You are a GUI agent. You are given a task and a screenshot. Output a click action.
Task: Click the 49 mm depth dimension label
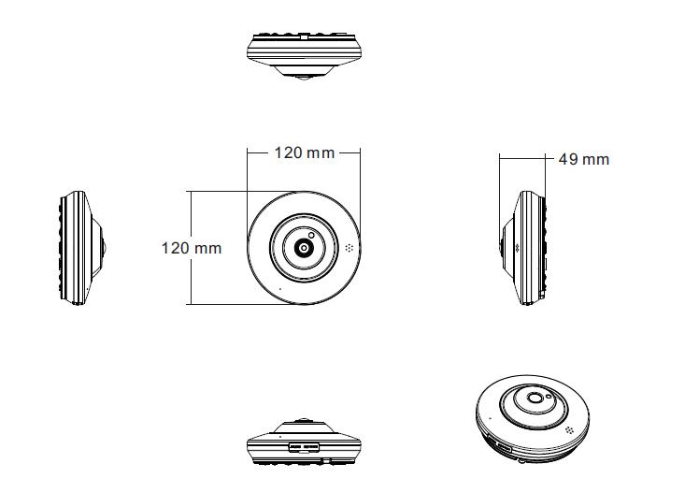tap(583, 159)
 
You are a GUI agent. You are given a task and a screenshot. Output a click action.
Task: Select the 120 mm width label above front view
tap(305, 153)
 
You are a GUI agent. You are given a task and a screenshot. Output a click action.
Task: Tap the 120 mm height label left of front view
tap(192, 248)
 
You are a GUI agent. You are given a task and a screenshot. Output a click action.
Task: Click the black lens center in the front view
tap(304, 248)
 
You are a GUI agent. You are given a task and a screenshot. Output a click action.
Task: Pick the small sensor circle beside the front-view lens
tap(311, 235)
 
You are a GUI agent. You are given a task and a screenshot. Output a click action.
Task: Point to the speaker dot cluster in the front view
tap(349, 248)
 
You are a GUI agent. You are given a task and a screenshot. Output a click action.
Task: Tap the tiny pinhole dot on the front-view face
tap(280, 289)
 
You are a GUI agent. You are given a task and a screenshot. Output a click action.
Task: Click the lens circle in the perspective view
tap(534, 398)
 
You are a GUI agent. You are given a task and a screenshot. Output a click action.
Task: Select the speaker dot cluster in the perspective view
tap(569, 430)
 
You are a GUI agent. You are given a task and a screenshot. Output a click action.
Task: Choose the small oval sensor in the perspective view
tap(549, 396)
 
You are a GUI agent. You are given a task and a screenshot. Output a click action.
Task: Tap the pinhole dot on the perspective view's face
tap(491, 418)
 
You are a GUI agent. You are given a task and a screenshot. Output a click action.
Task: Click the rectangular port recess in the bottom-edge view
tap(304, 446)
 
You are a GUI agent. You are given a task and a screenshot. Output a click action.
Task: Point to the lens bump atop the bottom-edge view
tap(304, 420)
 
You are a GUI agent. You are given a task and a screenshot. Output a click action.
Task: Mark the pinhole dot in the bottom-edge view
tap(280, 436)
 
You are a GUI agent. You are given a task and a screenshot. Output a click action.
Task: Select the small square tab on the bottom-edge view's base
tap(326, 459)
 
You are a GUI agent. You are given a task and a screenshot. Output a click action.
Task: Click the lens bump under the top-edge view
tap(304, 78)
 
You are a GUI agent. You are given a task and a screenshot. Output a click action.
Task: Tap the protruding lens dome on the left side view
tap(104, 248)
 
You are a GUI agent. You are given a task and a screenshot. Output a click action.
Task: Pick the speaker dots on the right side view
tap(517, 248)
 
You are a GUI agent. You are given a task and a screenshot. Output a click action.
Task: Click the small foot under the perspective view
tap(520, 460)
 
